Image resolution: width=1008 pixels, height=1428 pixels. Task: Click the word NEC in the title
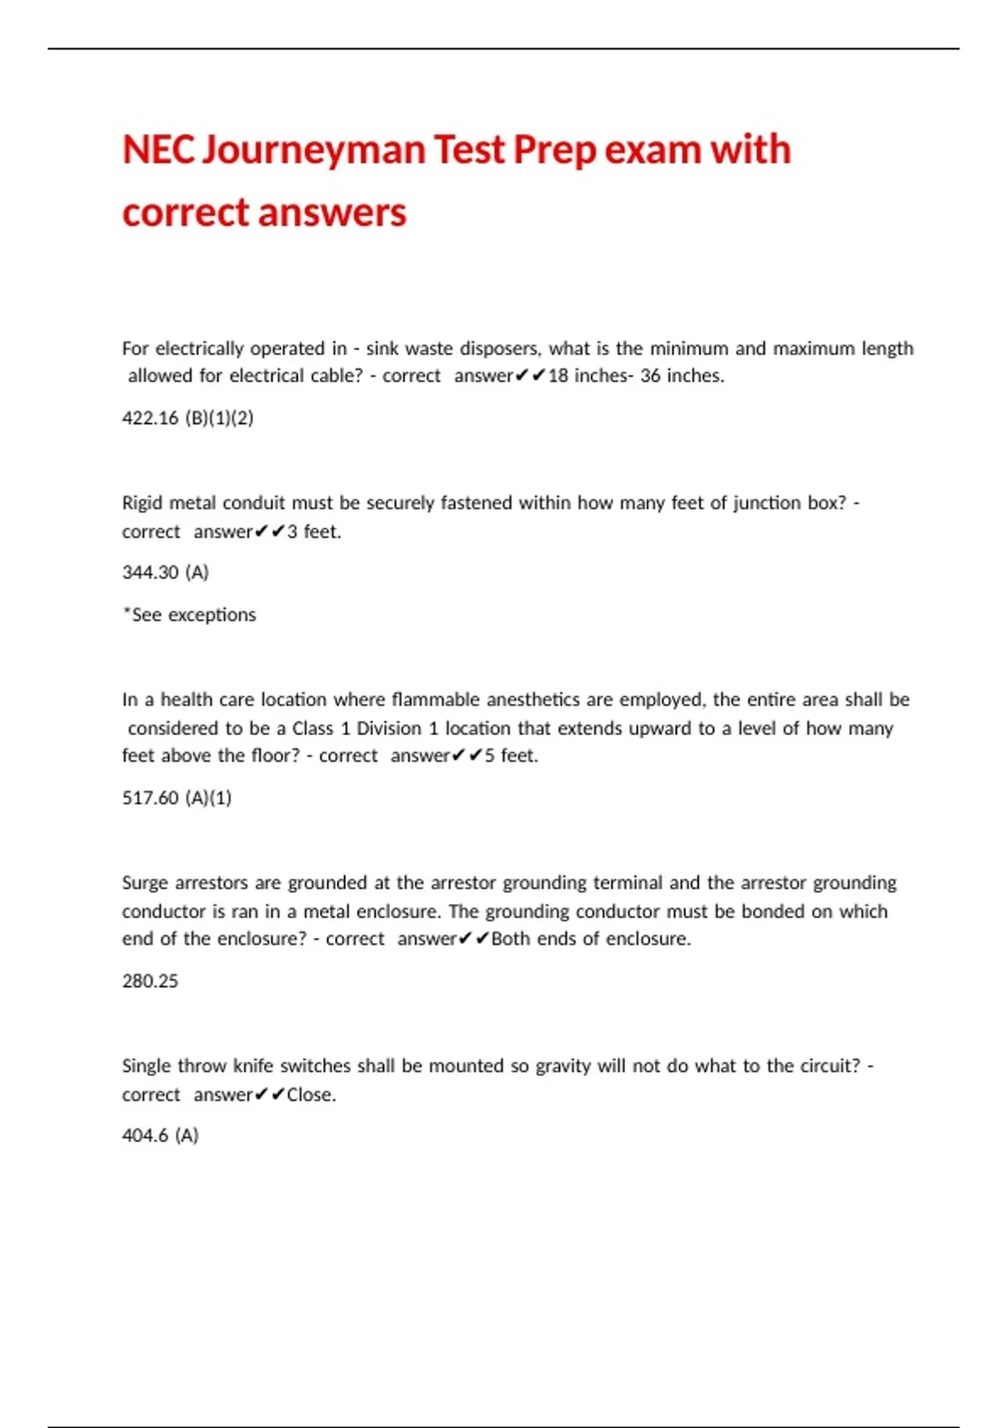point(158,150)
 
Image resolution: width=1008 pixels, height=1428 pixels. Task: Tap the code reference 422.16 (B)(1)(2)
point(187,417)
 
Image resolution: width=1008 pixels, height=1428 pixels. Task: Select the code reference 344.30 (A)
point(165,572)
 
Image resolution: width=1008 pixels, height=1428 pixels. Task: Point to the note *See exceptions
point(189,615)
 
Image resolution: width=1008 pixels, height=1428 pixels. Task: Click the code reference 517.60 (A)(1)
point(176,797)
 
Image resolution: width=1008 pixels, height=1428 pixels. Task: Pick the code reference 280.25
point(150,980)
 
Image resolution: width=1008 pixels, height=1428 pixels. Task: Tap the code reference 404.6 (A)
point(160,1135)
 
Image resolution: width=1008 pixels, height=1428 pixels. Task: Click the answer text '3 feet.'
point(314,532)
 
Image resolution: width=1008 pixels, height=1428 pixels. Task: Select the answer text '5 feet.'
point(511,755)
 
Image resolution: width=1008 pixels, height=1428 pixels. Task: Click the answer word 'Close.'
point(311,1095)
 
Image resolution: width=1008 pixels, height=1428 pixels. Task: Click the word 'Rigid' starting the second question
point(142,503)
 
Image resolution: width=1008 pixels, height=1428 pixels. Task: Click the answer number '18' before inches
point(558,375)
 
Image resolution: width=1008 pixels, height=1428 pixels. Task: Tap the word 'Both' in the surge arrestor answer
point(510,938)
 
